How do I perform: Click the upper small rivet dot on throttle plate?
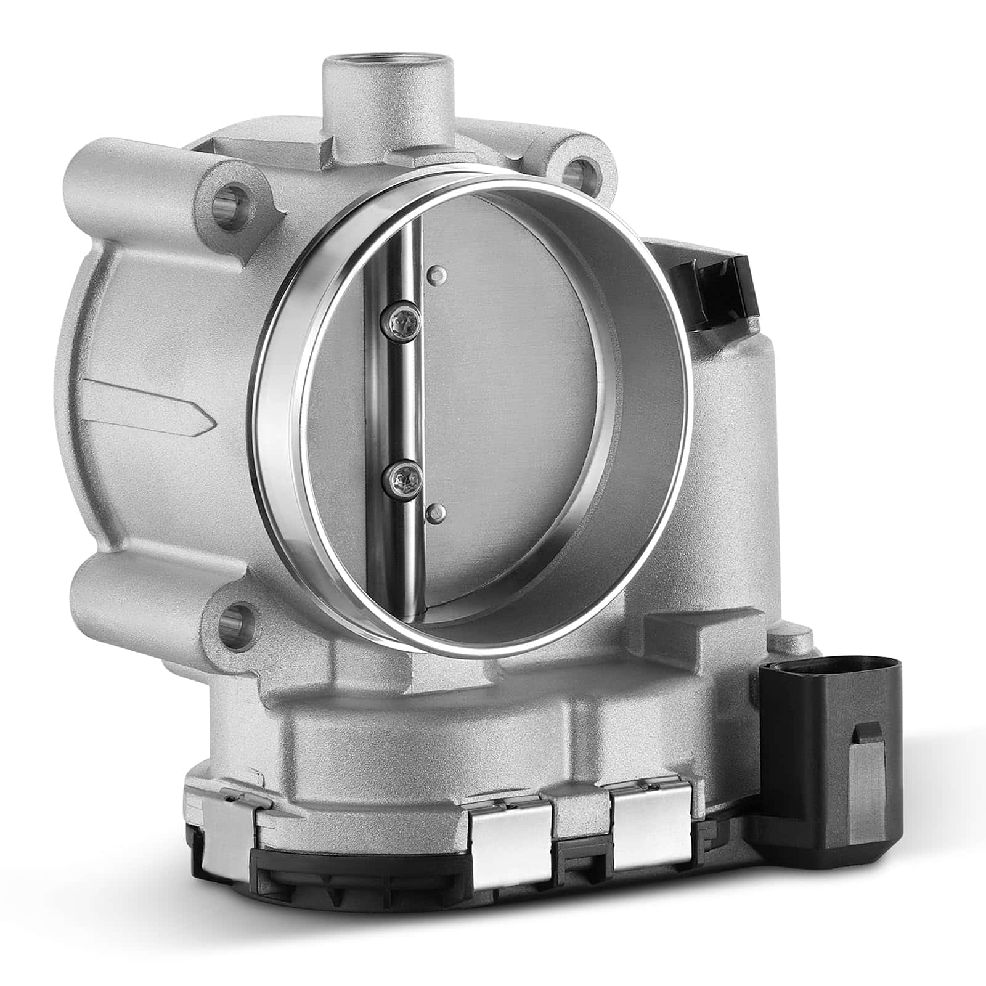point(436,273)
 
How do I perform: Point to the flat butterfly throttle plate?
point(511,382)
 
